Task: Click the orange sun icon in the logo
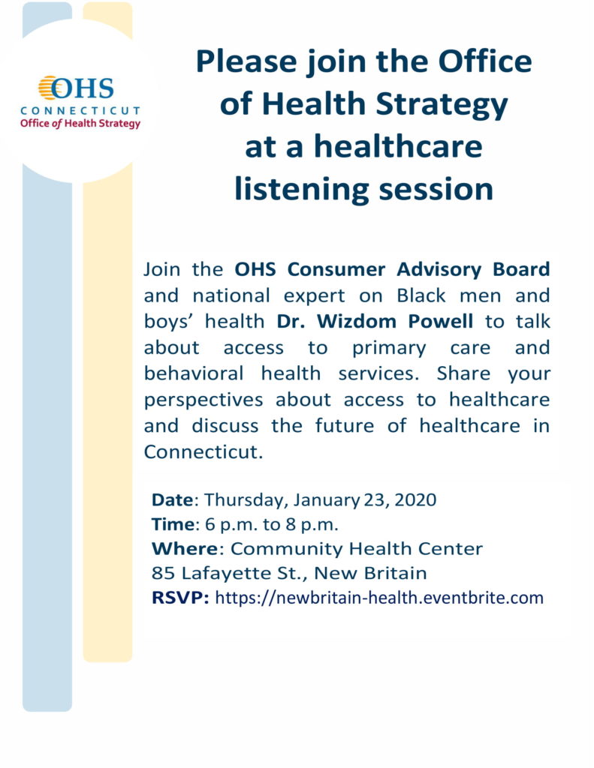tap(50, 88)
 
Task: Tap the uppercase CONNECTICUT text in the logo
tap(80, 111)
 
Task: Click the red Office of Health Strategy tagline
tap(80, 124)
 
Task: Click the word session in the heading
tap(438, 188)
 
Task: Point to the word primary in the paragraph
tap(384, 348)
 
